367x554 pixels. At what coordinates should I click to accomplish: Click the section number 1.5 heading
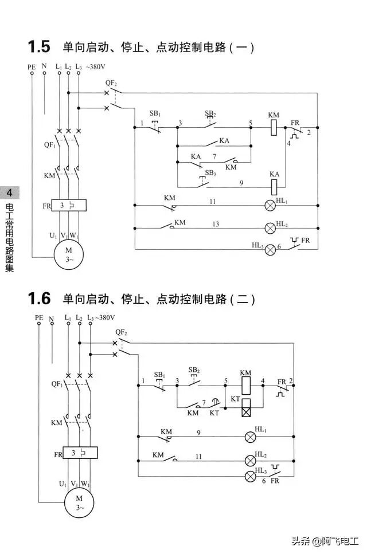[39, 46]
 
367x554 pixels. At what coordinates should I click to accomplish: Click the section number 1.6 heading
[39, 298]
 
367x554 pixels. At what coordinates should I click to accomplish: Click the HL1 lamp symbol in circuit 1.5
[269, 205]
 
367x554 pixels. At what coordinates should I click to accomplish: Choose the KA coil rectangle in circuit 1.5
[274, 186]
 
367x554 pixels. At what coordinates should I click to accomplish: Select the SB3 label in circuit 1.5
[210, 172]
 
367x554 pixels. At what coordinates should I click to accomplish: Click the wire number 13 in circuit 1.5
[216, 223]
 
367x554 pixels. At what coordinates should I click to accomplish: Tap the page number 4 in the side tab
[10, 191]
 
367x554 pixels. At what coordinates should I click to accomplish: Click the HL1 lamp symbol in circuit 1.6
[251, 437]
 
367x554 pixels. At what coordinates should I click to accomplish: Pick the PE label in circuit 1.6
[39, 317]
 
